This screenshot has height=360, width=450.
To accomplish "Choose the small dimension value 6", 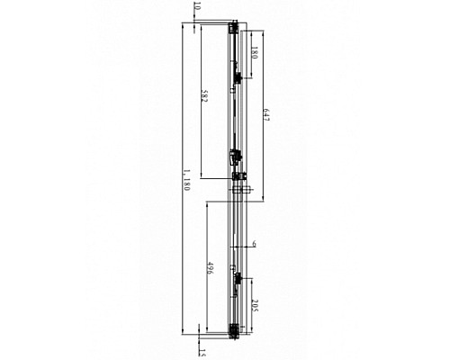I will [254, 244].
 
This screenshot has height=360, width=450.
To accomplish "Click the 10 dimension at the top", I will [197, 9].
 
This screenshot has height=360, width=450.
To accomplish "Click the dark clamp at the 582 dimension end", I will [237, 159].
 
